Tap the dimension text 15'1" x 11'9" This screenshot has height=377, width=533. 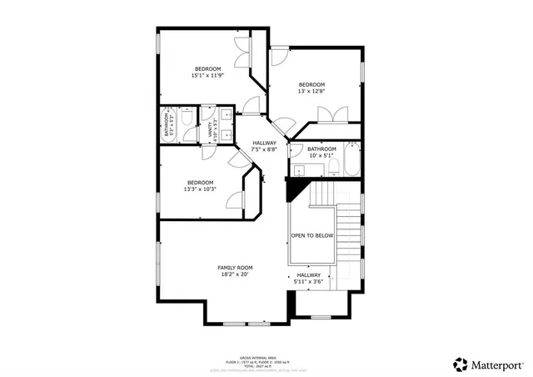pos(207,76)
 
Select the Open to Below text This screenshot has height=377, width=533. pos(312,236)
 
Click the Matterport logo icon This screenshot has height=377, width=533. pos(461,364)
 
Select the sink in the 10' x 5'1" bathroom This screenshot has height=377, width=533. pos(297,171)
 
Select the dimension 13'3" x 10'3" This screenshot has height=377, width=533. pos(200,189)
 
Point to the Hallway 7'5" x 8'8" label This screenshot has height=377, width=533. pos(264,146)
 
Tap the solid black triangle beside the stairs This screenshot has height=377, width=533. pos(294,191)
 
